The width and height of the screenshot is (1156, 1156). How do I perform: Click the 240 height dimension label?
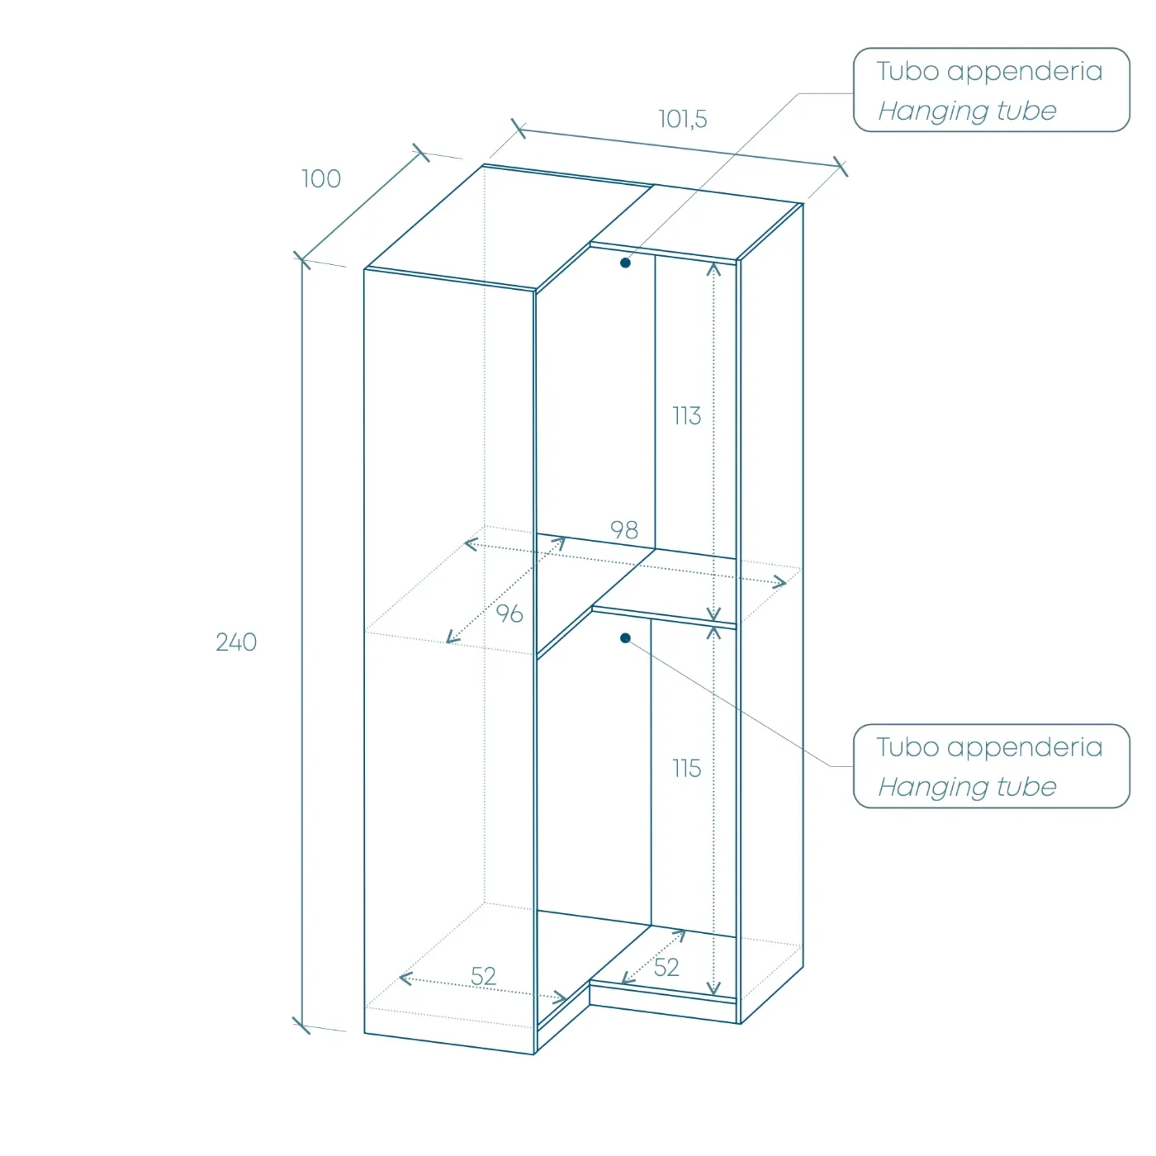pyautogui.click(x=236, y=642)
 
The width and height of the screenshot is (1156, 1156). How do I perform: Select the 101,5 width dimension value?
pyautogui.click(x=683, y=119)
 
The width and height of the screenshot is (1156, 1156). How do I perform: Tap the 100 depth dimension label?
pyautogui.click(x=321, y=179)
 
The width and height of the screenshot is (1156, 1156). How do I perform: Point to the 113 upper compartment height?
pyautogui.click(x=686, y=415)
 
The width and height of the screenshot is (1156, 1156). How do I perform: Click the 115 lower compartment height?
pyautogui.click(x=686, y=769)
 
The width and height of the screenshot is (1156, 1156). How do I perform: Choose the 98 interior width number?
pyautogui.click(x=624, y=530)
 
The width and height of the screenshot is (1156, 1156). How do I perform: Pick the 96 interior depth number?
pyautogui.click(x=509, y=614)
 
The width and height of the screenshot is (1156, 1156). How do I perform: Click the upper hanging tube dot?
pyautogui.click(x=625, y=263)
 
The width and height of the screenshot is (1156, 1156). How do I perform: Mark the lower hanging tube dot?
pyautogui.click(x=625, y=638)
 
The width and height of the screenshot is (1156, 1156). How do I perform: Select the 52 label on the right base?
pyautogui.click(x=666, y=968)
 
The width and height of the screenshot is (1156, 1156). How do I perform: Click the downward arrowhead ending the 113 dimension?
pyautogui.click(x=713, y=614)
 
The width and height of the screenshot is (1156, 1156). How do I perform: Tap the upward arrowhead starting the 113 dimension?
pyautogui.click(x=713, y=269)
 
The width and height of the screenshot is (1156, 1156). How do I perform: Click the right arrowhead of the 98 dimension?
pyautogui.click(x=779, y=582)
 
